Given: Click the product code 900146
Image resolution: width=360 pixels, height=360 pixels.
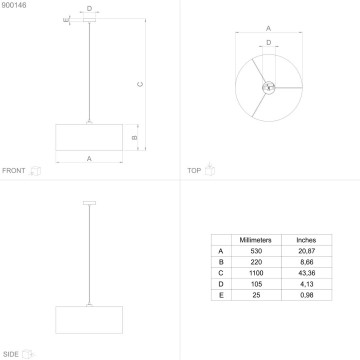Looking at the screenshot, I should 14,6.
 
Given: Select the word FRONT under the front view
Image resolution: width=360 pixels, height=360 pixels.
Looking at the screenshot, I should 15,171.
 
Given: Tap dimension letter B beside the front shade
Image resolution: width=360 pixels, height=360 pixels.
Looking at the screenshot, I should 134,135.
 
